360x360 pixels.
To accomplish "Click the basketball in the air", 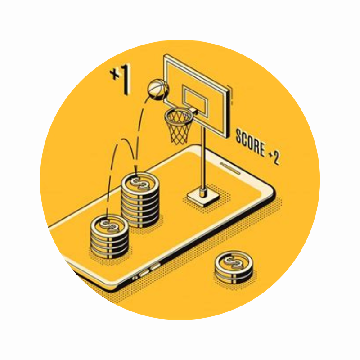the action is click(158, 89).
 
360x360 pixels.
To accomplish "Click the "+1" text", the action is click(121, 79).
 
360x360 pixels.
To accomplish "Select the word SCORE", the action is click(250, 143).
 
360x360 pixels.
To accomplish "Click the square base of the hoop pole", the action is click(203, 197).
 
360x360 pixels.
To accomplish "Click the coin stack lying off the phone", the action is click(234, 267).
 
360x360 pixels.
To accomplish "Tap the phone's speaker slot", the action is click(230, 168).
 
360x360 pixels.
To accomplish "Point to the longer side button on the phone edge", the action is click(144, 273).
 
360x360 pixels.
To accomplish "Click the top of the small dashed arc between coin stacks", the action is click(124, 139).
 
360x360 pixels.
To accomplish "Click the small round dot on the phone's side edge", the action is click(135, 278).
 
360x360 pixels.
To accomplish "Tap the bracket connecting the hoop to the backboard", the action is click(194, 112).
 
